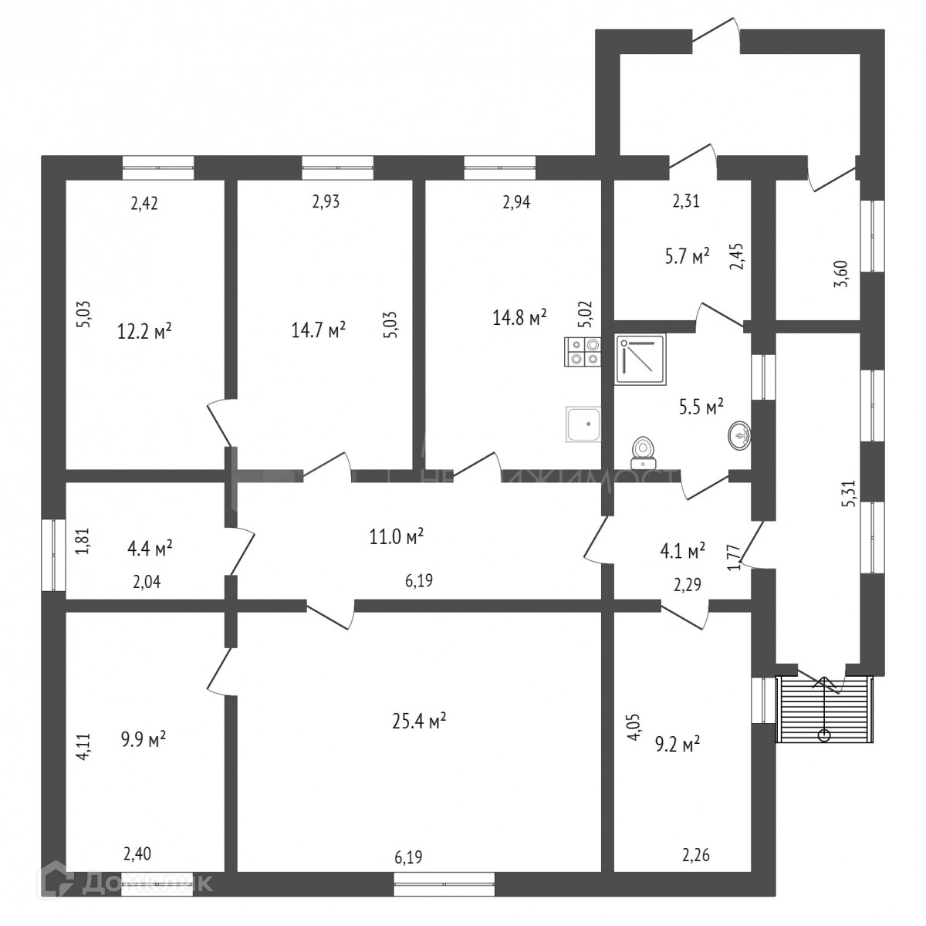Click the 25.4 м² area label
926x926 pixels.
pos(420,722)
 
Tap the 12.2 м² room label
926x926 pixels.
pos(144,331)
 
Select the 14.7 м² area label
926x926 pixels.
pos(318,331)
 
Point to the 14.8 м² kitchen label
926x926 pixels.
pos(520,316)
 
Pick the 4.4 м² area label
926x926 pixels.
pos(150,549)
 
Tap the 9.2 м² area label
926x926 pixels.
pos(678,744)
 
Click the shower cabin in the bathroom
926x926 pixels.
pos(640,359)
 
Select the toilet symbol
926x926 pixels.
pos(642,453)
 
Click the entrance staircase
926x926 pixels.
pos(824,708)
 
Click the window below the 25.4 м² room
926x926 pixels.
pos(444,884)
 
